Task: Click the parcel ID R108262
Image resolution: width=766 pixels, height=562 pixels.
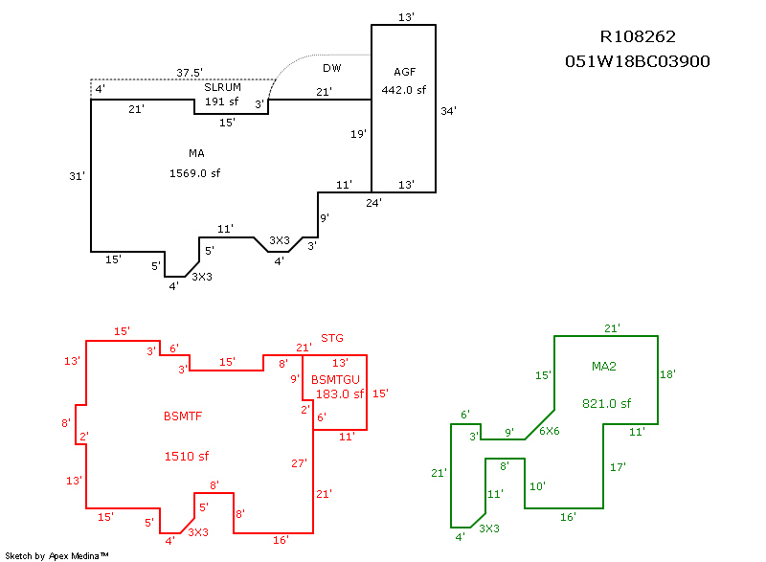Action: (x=638, y=37)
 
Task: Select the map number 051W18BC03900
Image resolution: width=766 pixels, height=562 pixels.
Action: (x=638, y=61)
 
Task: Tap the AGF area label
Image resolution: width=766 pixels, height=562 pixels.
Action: (x=405, y=72)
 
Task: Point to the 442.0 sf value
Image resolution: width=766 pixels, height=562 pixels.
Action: (x=404, y=90)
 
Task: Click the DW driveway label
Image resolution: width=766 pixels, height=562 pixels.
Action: (x=331, y=68)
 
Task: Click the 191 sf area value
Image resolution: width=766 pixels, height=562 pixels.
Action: (x=221, y=101)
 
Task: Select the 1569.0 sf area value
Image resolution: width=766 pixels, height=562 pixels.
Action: (x=195, y=173)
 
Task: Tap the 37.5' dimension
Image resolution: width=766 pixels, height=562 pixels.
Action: (x=190, y=72)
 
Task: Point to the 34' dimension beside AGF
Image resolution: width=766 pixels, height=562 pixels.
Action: (x=448, y=110)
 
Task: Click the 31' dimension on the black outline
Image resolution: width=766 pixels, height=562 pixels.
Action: (x=78, y=176)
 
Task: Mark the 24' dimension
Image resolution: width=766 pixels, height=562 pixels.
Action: (x=373, y=202)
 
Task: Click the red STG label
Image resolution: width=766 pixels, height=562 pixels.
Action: (x=332, y=338)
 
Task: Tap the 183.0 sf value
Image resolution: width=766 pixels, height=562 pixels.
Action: (x=337, y=393)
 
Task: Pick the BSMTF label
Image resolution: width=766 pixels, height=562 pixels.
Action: (x=185, y=416)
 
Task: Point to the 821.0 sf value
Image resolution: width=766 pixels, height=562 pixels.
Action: (x=606, y=403)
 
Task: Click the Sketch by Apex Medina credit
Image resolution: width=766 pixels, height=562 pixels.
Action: (x=56, y=555)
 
